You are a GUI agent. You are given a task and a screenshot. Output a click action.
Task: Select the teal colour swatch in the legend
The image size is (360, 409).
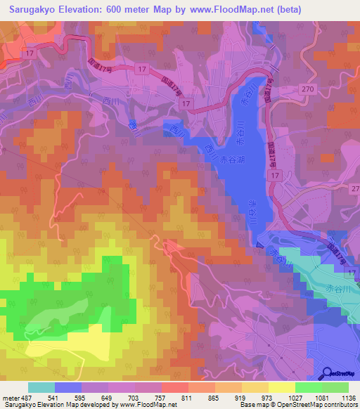[x=41, y=387]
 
